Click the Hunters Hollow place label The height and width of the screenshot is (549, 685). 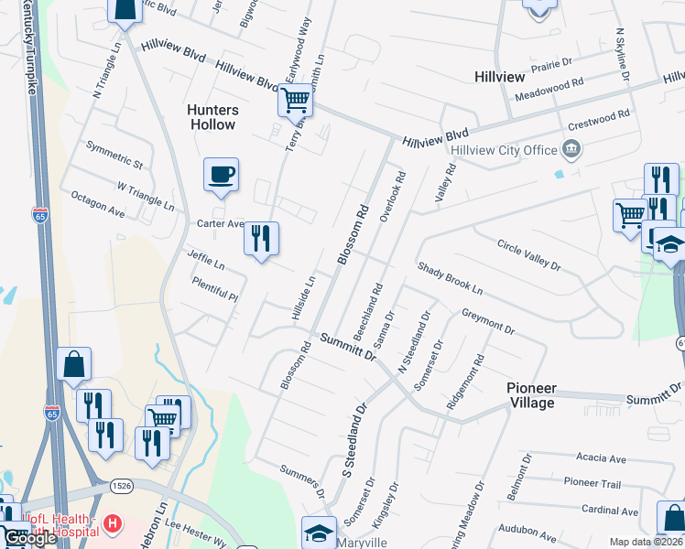pyautogui.click(x=212, y=117)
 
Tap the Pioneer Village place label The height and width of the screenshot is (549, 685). pyautogui.click(x=544, y=395)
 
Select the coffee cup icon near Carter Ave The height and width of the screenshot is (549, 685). pyautogui.click(x=221, y=174)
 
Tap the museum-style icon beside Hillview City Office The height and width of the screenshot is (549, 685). pyautogui.click(x=571, y=148)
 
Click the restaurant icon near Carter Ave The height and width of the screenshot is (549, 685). pyautogui.click(x=261, y=239)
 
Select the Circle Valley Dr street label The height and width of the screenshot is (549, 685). pyautogui.click(x=528, y=253)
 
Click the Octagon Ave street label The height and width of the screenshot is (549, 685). pyautogui.click(x=99, y=203)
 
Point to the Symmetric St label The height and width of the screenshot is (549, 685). pyautogui.click(x=114, y=155)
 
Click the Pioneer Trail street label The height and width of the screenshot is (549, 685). pyautogui.click(x=593, y=482)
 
